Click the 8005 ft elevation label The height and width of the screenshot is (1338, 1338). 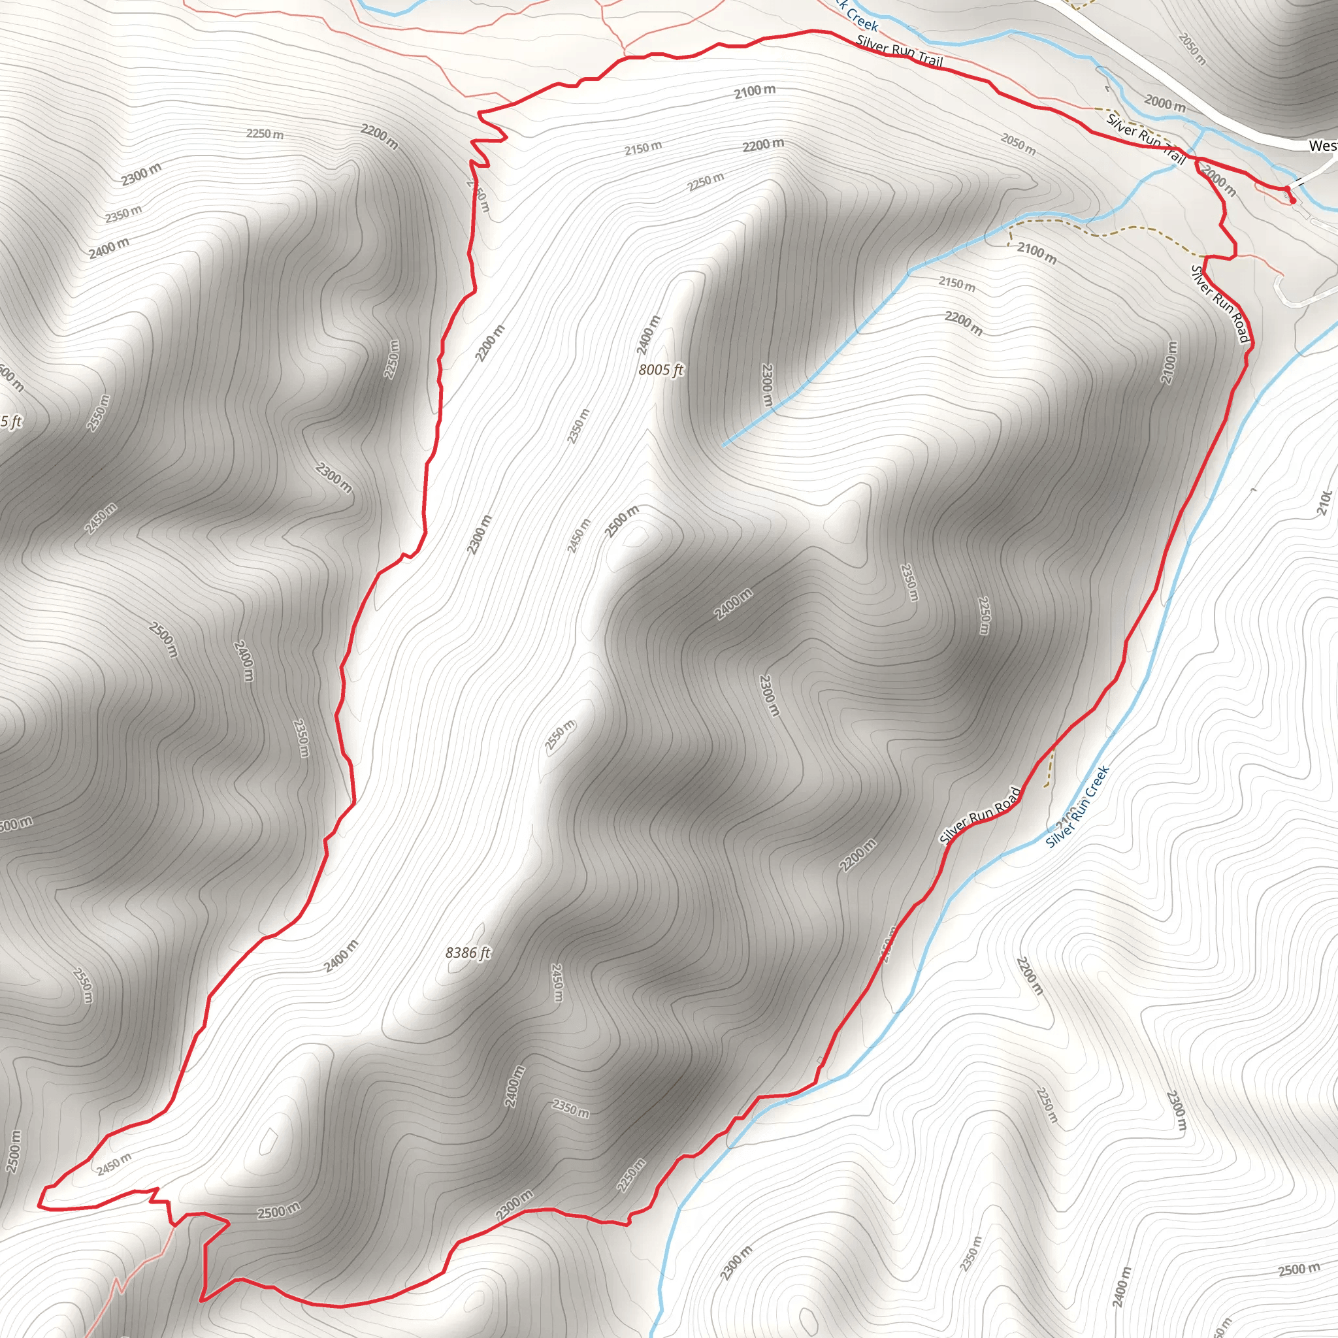[x=661, y=370]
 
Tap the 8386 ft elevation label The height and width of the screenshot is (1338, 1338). [x=468, y=953]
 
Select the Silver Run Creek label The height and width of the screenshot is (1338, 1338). [x=1077, y=807]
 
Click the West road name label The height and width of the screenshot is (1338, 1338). [x=1322, y=146]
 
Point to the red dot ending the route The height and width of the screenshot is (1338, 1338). [x=1292, y=200]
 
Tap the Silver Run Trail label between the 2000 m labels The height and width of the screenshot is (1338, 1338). [x=1146, y=139]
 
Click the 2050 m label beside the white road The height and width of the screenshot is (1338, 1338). [x=1192, y=49]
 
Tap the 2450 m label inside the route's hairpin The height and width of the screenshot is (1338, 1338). [x=114, y=1164]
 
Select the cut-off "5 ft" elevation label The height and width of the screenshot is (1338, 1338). [x=11, y=422]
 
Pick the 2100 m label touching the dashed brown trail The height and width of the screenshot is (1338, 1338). [x=1037, y=253]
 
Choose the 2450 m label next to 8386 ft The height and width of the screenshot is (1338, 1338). [x=557, y=983]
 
